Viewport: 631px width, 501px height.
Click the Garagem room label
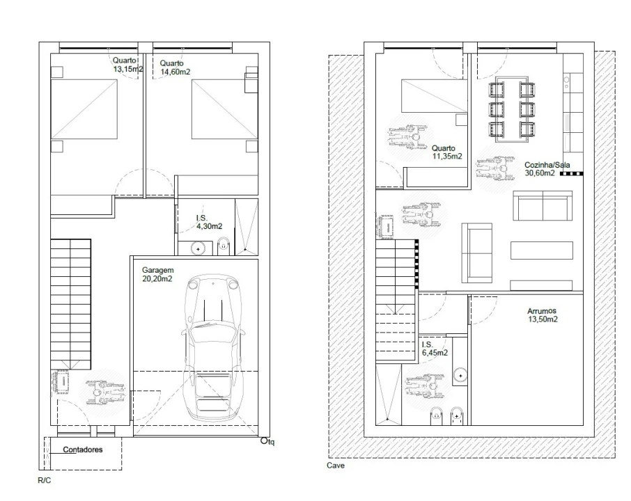[157, 270]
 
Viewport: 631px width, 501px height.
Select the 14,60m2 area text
[175, 72]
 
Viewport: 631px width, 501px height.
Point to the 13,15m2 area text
[128, 69]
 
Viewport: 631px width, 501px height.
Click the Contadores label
[82, 450]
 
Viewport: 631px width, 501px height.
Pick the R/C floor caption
[45, 480]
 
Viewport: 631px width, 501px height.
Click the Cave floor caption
[336, 466]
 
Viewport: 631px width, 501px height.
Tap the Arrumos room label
[542, 311]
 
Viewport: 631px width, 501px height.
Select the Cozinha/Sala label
[547, 165]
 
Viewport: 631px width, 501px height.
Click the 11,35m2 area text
[447, 157]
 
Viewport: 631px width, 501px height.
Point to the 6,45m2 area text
[435, 353]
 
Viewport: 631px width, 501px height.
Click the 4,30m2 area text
[209, 226]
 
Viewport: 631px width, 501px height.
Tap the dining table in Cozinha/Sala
[512, 109]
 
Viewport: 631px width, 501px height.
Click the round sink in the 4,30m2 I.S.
[198, 249]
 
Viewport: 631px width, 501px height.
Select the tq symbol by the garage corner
[267, 441]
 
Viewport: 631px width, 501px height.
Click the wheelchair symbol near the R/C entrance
[102, 392]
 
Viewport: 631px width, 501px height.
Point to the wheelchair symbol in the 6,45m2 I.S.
[426, 385]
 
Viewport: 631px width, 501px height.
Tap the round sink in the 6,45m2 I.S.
[460, 376]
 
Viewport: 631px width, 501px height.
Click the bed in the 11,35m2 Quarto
[434, 95]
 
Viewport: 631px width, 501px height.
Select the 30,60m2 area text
[540, 173]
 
